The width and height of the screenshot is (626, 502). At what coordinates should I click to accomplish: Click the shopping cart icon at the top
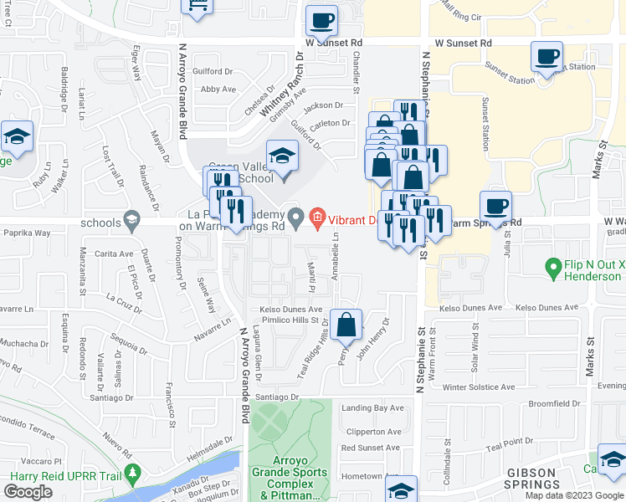198,7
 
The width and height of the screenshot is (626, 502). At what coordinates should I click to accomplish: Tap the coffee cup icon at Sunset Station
546,59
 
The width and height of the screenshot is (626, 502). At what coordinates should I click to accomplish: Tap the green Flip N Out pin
552,269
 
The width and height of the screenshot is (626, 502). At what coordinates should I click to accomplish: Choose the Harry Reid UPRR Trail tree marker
132,475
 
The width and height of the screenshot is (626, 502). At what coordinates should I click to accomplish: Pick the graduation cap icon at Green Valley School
282,156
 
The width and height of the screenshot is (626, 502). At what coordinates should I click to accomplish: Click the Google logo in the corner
28,492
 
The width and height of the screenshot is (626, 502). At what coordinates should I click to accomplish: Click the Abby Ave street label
218,89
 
